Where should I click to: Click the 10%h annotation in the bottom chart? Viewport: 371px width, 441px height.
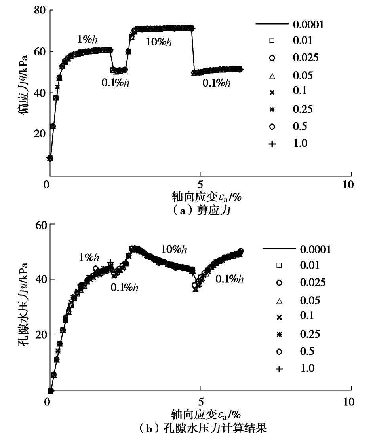(x=174, y=250)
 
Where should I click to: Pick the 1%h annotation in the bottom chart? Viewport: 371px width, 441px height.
(x=89, y=258)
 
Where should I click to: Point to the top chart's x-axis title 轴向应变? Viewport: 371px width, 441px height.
(x=206, y=196)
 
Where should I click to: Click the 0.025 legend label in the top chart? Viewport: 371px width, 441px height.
(x=305, y=58)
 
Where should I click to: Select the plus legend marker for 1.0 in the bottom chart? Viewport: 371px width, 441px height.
(x=279, y=369)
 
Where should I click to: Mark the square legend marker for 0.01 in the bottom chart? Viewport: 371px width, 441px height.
(x=279, y=265)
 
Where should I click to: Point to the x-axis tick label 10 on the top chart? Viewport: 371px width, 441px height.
(x=347, y=185)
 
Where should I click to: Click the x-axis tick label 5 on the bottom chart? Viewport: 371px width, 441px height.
(x=200, y=402)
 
